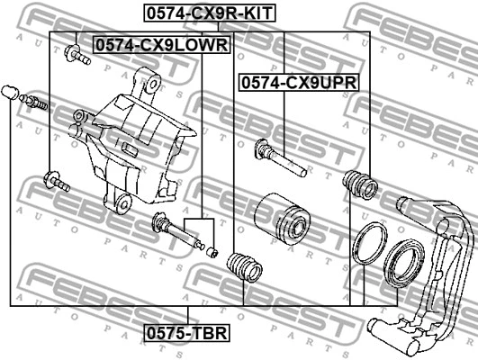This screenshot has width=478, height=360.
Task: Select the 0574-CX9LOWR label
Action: click(x=162, y=43)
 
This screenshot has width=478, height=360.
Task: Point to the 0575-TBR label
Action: click(x=187, y=334)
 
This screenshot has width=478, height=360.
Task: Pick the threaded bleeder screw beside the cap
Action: click(x=34, y=103)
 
